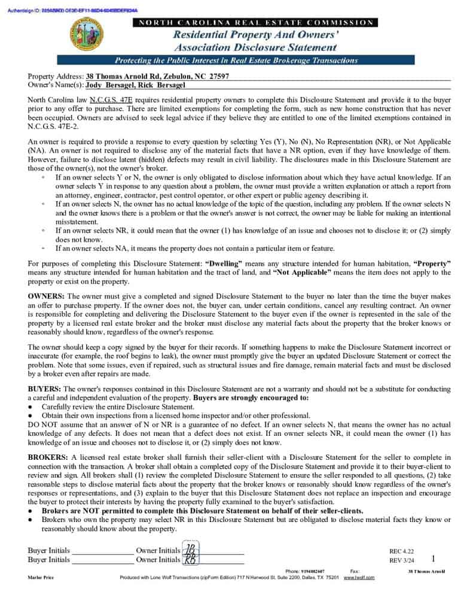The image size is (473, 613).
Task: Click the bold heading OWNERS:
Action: click(x=47, y=297)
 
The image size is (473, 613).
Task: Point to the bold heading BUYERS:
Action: click(x=45, y=389)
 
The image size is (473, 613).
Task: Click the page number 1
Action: click(x=433, y=559)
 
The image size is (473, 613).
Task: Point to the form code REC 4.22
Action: click(x=401, y=551)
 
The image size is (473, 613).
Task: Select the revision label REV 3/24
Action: click(x=401, y=560)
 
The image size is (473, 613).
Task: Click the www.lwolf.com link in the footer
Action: click(x=359, y=577)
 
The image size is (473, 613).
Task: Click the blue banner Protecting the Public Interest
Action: click(x=236, y=60)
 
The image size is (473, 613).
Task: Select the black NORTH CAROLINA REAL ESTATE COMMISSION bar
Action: click(x=257, y=23)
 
